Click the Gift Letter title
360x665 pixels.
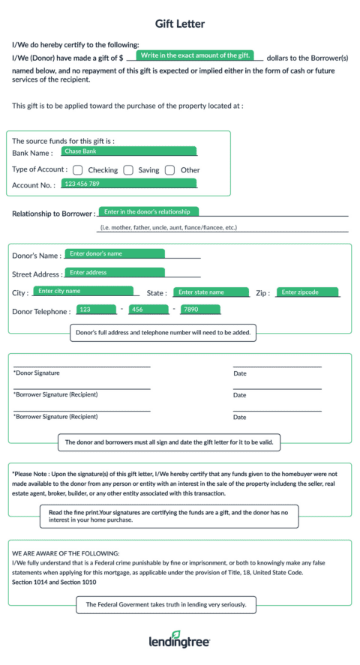click(180, 24)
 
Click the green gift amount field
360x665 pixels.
click(195, 55)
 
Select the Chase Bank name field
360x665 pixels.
click(128, 151)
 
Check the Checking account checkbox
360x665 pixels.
click(78, 170)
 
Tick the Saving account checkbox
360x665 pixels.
click(128, 170)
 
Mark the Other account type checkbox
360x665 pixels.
click(170, 170)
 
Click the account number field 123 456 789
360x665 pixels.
click(128, 184)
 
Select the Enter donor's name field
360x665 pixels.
click(114, 253)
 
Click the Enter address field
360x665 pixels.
click(114, 273)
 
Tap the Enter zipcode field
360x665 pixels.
click(307, 292)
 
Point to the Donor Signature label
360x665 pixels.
click(37, 373)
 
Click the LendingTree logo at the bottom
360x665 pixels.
click(180, 641)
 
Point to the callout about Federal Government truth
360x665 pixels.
click(166, 604)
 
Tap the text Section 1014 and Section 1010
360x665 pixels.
click(54, 582)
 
